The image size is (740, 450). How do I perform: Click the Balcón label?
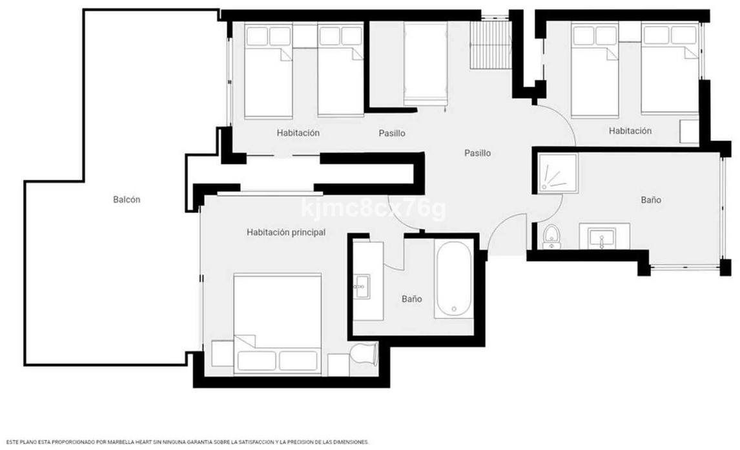(x=127, y=200)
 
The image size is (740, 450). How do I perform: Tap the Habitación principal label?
(x=286, y=232)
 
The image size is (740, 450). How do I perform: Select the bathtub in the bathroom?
(x=453, y=279)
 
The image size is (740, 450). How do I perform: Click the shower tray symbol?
(x=559, y=173)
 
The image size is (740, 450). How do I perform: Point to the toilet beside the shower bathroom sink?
(x=551, y=237)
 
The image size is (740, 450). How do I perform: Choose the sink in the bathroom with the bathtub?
(x=362, y=286)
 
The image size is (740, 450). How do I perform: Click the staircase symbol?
(x=491, y=45)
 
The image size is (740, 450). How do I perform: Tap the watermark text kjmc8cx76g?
(x=373, y=208)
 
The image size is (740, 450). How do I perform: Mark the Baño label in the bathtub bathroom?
(x=411, y=299)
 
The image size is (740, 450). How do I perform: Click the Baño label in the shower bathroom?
(x=651, y=200)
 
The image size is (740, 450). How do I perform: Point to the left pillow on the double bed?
(x=257, y=361)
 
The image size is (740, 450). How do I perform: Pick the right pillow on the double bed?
(x=298, y=361)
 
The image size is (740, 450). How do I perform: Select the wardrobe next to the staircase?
(x=426, y=63)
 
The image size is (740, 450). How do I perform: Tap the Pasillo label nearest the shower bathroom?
(x=478, y=153)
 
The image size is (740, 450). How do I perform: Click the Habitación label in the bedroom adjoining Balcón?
(x=298, y=133)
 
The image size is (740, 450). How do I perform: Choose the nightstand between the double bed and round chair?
(x=338, y=365)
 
